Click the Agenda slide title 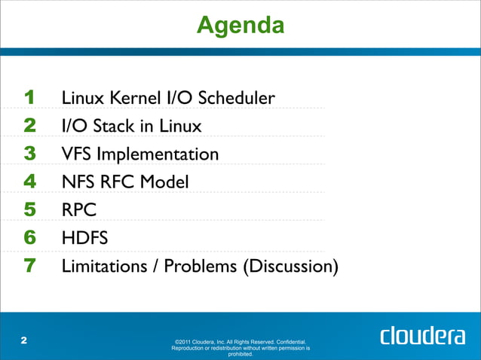point(240,26)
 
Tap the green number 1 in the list point(30,98)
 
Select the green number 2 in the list point(30,126)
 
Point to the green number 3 point(30,154)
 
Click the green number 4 point(30,182)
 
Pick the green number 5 point(30,210)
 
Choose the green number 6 point(30,239)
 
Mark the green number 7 point(30,267)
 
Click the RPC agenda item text point(75,210)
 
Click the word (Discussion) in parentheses point(290,267)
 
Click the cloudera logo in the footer point(422,336)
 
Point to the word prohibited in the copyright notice point(240,355)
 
